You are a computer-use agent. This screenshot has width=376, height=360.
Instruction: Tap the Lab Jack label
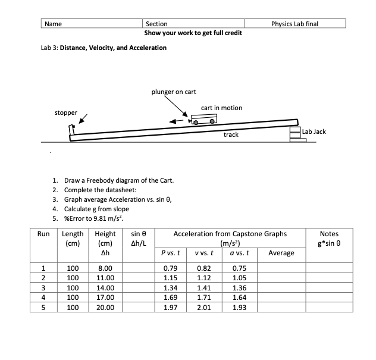314,130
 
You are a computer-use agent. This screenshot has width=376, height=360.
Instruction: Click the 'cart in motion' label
221,108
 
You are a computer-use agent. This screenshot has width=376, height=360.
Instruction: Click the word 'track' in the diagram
231,135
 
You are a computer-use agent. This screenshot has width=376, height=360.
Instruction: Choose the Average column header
281,253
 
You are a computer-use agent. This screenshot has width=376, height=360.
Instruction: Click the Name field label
54,24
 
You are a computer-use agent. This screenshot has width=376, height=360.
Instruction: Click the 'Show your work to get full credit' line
193,33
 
